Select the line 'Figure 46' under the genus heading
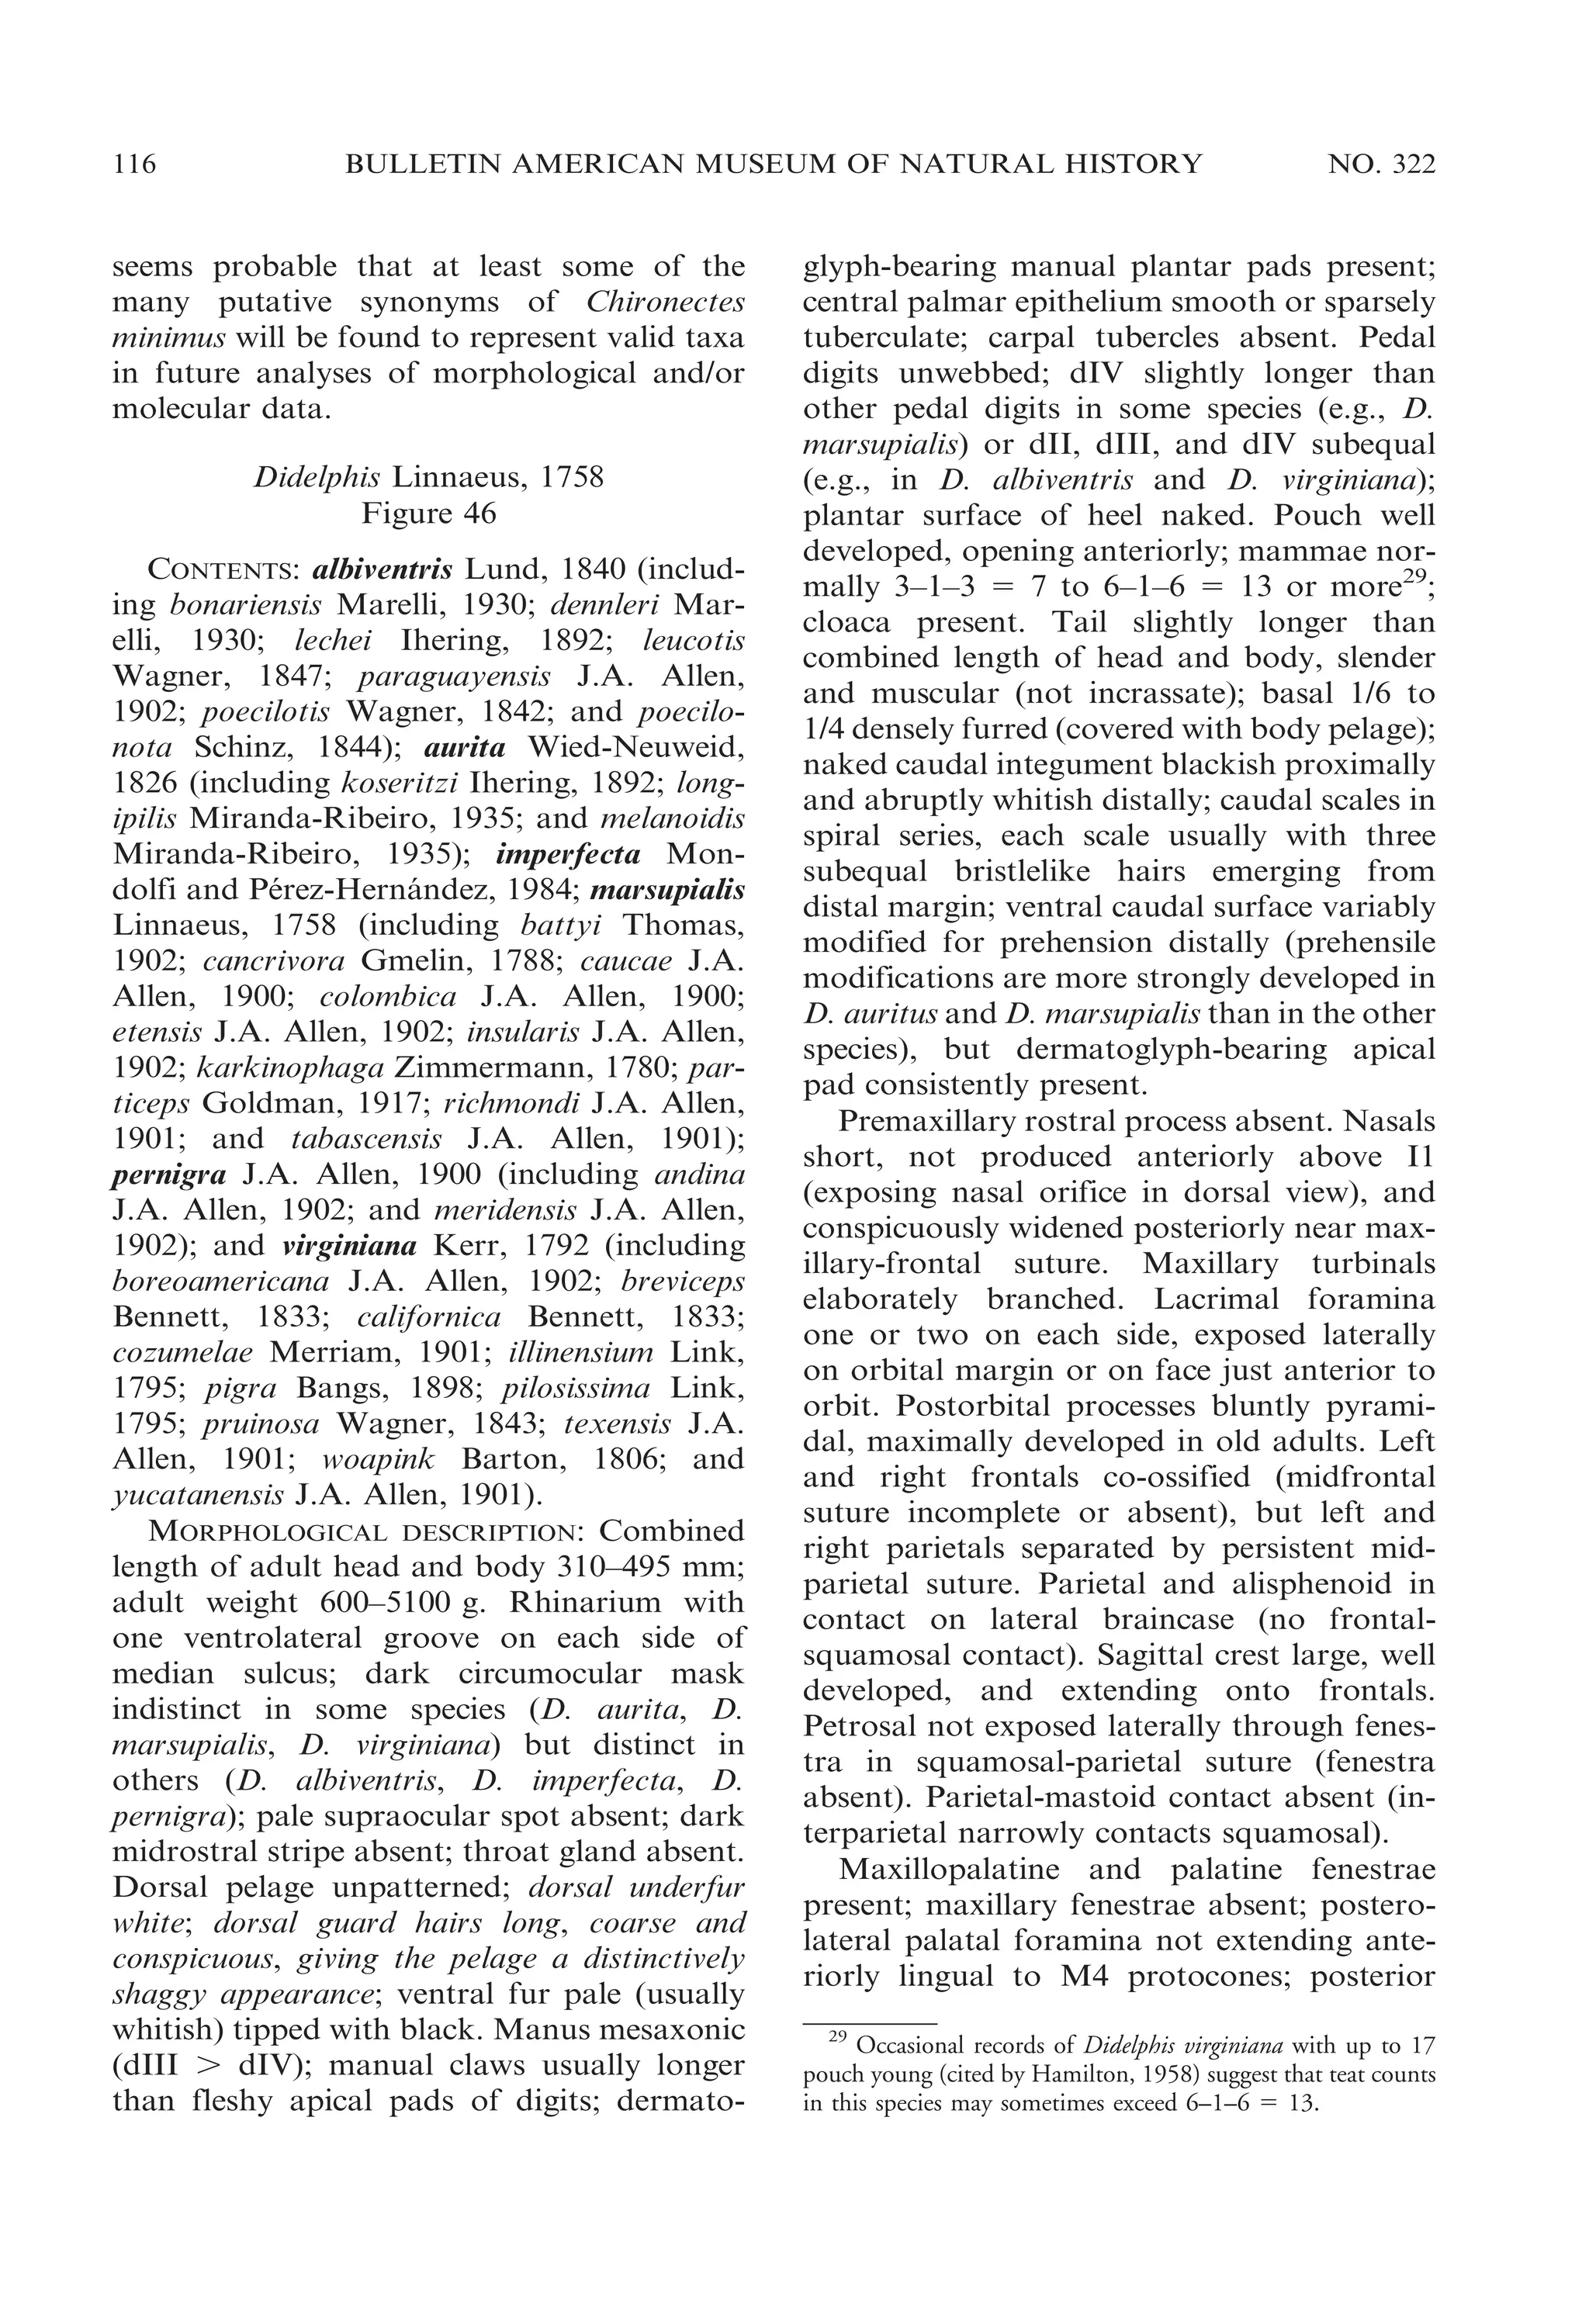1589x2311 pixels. tap(428, 514)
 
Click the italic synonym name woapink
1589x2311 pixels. tap(379, 1459)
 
